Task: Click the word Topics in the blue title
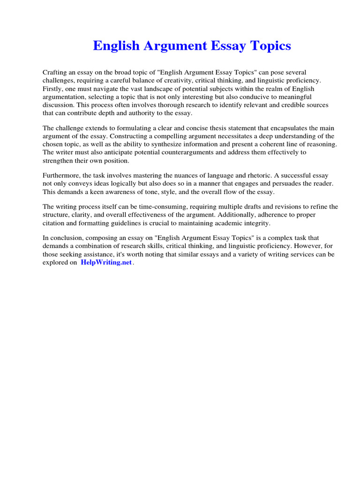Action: (x=270, y=46)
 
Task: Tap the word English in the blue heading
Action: (x=115, y=46)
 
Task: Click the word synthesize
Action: (x=184, y=144)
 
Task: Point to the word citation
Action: (x=55, y=223)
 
